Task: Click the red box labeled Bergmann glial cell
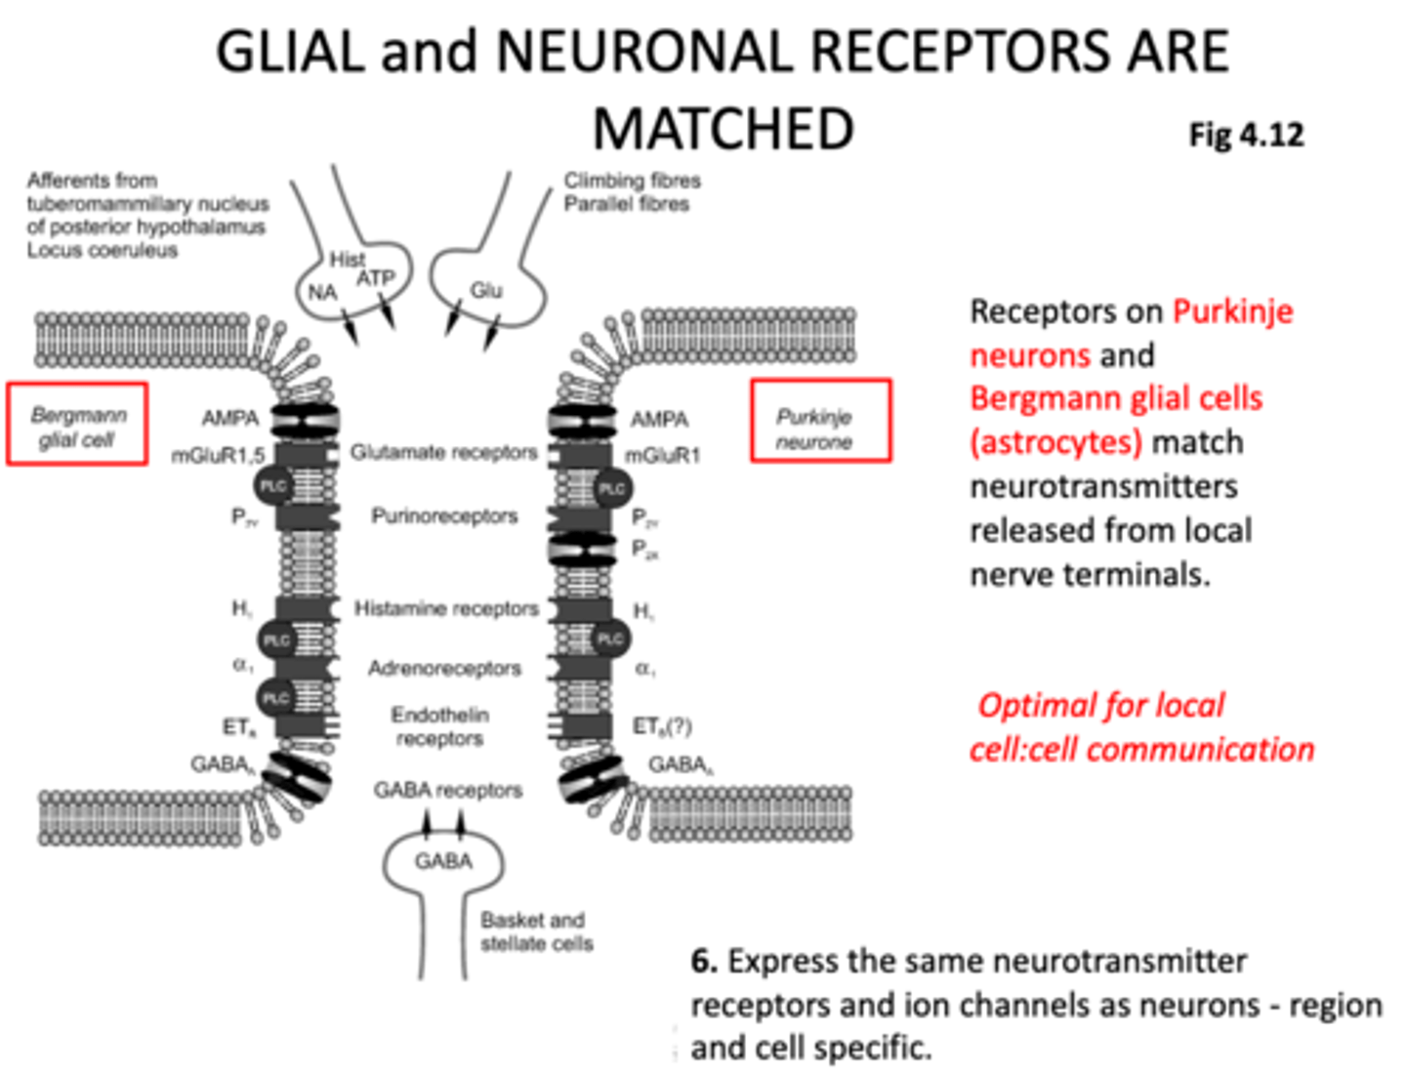77,425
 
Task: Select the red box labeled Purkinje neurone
820,421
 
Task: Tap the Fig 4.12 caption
1246,135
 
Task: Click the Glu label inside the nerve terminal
486,290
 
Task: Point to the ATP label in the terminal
375,279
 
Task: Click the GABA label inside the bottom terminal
443,861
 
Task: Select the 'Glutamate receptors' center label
443,453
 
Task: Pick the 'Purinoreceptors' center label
444,516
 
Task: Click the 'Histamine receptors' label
446,609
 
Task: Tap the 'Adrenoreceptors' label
444,669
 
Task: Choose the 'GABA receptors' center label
447,790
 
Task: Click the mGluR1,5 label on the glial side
218,456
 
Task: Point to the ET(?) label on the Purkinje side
662,726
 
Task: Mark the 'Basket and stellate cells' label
536,932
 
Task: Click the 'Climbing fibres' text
632,181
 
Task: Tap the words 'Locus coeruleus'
103,251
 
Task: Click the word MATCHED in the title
723,130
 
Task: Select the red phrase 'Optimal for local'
1100,705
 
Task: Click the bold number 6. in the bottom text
703,962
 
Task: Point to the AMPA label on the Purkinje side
659,420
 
